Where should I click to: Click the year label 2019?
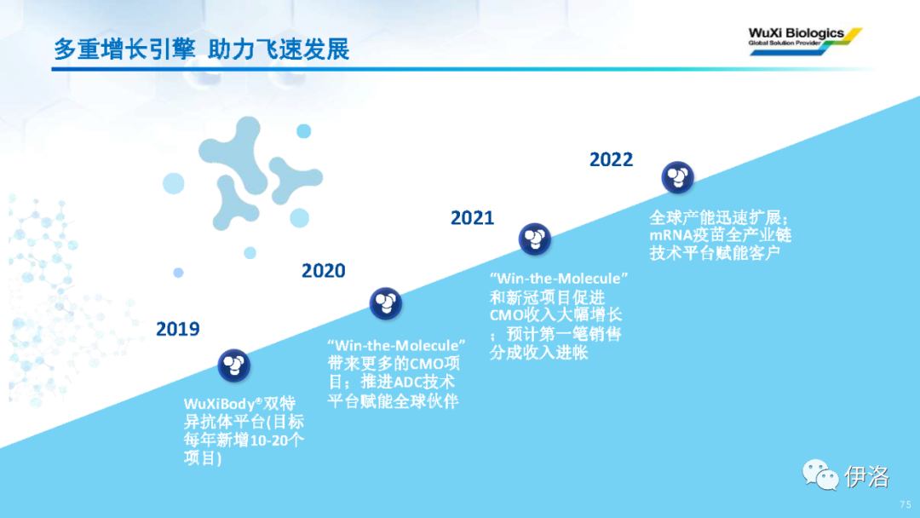point(178,329)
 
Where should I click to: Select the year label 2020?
point(324,271)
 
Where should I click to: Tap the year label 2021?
point(472,218)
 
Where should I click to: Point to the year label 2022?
point(611,159)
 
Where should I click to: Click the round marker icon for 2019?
point(234,365)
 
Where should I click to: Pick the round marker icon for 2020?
point(386,303)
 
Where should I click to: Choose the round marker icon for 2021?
point(534,239)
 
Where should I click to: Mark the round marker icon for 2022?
point(678,177)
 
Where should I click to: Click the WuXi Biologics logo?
point(805,41)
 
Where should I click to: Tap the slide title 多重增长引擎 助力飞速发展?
point(201,49)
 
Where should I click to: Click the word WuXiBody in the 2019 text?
point(220,404)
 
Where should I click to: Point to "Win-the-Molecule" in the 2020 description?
point(397,345)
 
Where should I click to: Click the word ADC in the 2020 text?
point(407,383)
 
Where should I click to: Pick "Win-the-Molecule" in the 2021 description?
point(559,278)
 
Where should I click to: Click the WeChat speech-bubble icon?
point(820,475)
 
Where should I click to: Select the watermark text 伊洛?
point(867,476)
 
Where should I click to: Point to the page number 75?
point(906,504)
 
